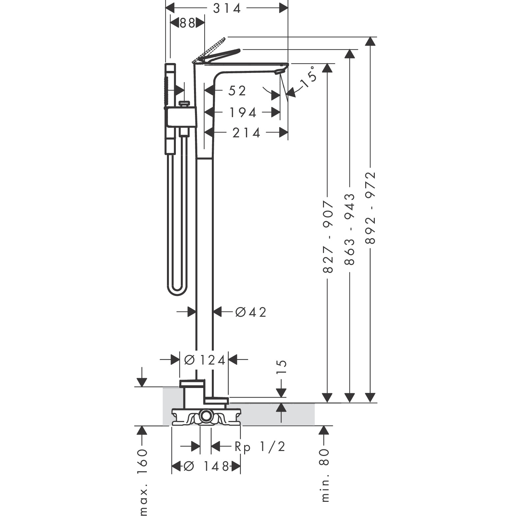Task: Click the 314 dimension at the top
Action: [x=227, y=8]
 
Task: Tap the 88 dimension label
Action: [x=187, y=24]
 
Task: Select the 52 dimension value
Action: [x=237, y=91]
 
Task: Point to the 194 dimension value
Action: [x=243, y=113]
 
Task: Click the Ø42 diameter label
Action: [x=251, y=312]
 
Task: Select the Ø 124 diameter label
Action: [x=205, y=360]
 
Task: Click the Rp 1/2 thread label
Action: [x=260, y=447]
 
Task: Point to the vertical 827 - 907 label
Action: [x=328, y=237]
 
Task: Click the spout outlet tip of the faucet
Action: [x=281, y=71]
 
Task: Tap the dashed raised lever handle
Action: [x=209, y=50]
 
